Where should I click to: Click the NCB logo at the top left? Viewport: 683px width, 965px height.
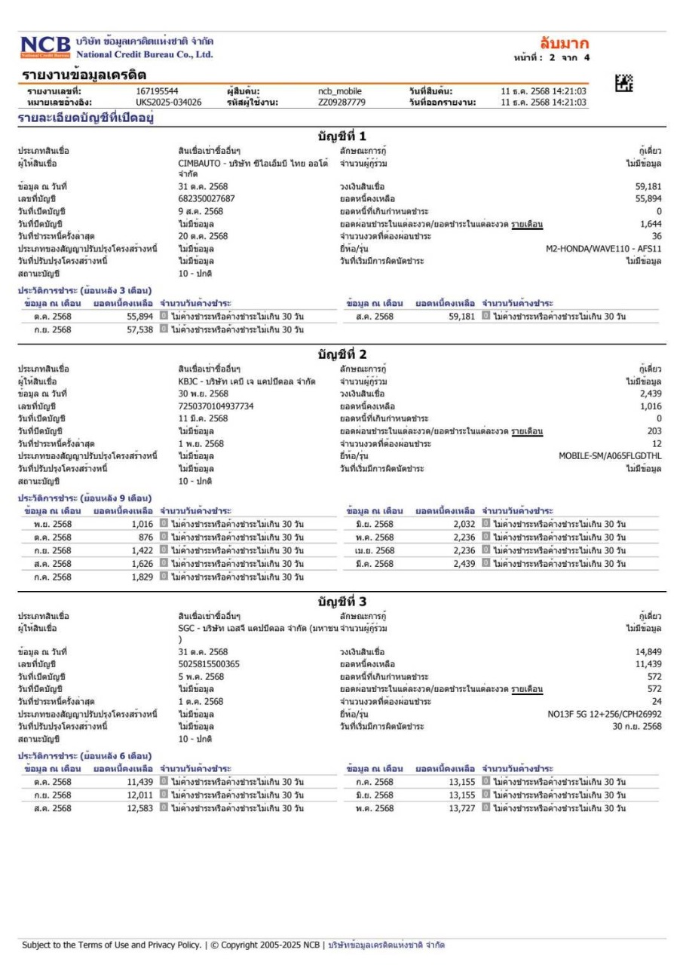(x=44, y=47)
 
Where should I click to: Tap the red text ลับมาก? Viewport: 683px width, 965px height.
(x=565, y=43)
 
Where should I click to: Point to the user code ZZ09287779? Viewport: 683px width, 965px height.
(x=341, y=102)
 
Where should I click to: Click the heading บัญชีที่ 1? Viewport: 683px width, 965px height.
(x=341, y=136)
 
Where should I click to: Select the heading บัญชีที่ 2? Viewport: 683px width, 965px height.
(x=341, y=354)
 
